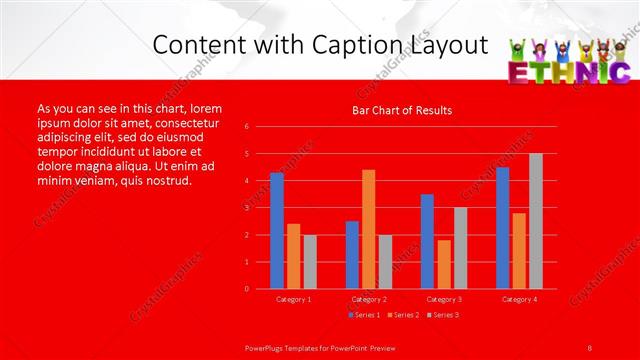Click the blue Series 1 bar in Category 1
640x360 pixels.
(277, 231)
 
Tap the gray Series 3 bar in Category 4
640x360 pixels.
(536, 221)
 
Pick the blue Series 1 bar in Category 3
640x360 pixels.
(427, 241)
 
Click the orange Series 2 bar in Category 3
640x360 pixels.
(444, 264)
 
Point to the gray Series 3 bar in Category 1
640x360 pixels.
(310, 261)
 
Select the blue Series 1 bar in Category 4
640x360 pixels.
(502, 228)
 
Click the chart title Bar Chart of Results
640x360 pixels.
(402, 110)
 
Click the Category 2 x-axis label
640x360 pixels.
(369, 299)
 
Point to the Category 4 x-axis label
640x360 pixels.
(519, 299)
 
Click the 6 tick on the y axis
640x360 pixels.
(247, 127)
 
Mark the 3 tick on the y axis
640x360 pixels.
(247, 208)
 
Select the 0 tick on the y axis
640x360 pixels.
(247, 289)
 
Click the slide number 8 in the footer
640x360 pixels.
(590, 347)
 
